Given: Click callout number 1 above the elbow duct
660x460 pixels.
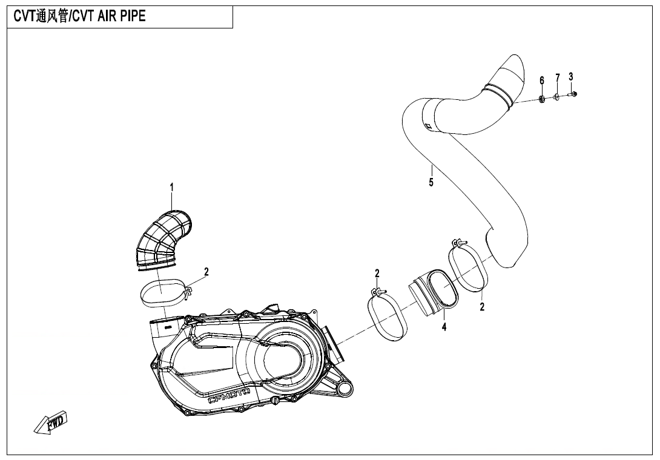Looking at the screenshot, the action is (x=172, y=187).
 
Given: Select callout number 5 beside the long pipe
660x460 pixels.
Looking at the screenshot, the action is (x=431, y=182).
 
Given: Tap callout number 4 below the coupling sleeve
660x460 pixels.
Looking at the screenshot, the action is (x=444, y=327).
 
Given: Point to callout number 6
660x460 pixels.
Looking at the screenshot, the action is (x=542, y=80).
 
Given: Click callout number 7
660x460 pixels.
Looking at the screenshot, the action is (x=558, y=78).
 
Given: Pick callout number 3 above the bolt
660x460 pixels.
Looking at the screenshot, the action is (x=571, y=77).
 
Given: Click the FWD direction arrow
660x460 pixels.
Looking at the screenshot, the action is (x=50, y=422).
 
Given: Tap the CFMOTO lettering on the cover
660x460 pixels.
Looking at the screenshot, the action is (x=229, y=396).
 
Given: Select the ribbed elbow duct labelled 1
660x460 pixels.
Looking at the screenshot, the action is (x=162, y=240).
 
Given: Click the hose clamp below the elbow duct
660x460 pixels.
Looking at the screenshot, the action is (x=164, y=293).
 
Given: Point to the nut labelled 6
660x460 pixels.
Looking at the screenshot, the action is (x=543, y=99).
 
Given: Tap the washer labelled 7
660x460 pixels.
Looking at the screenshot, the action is (x=557, y=97).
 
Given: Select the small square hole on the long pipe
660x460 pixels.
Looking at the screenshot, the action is (x=427, y=126).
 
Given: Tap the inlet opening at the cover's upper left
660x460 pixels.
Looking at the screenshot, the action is (x=165, y=325).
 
